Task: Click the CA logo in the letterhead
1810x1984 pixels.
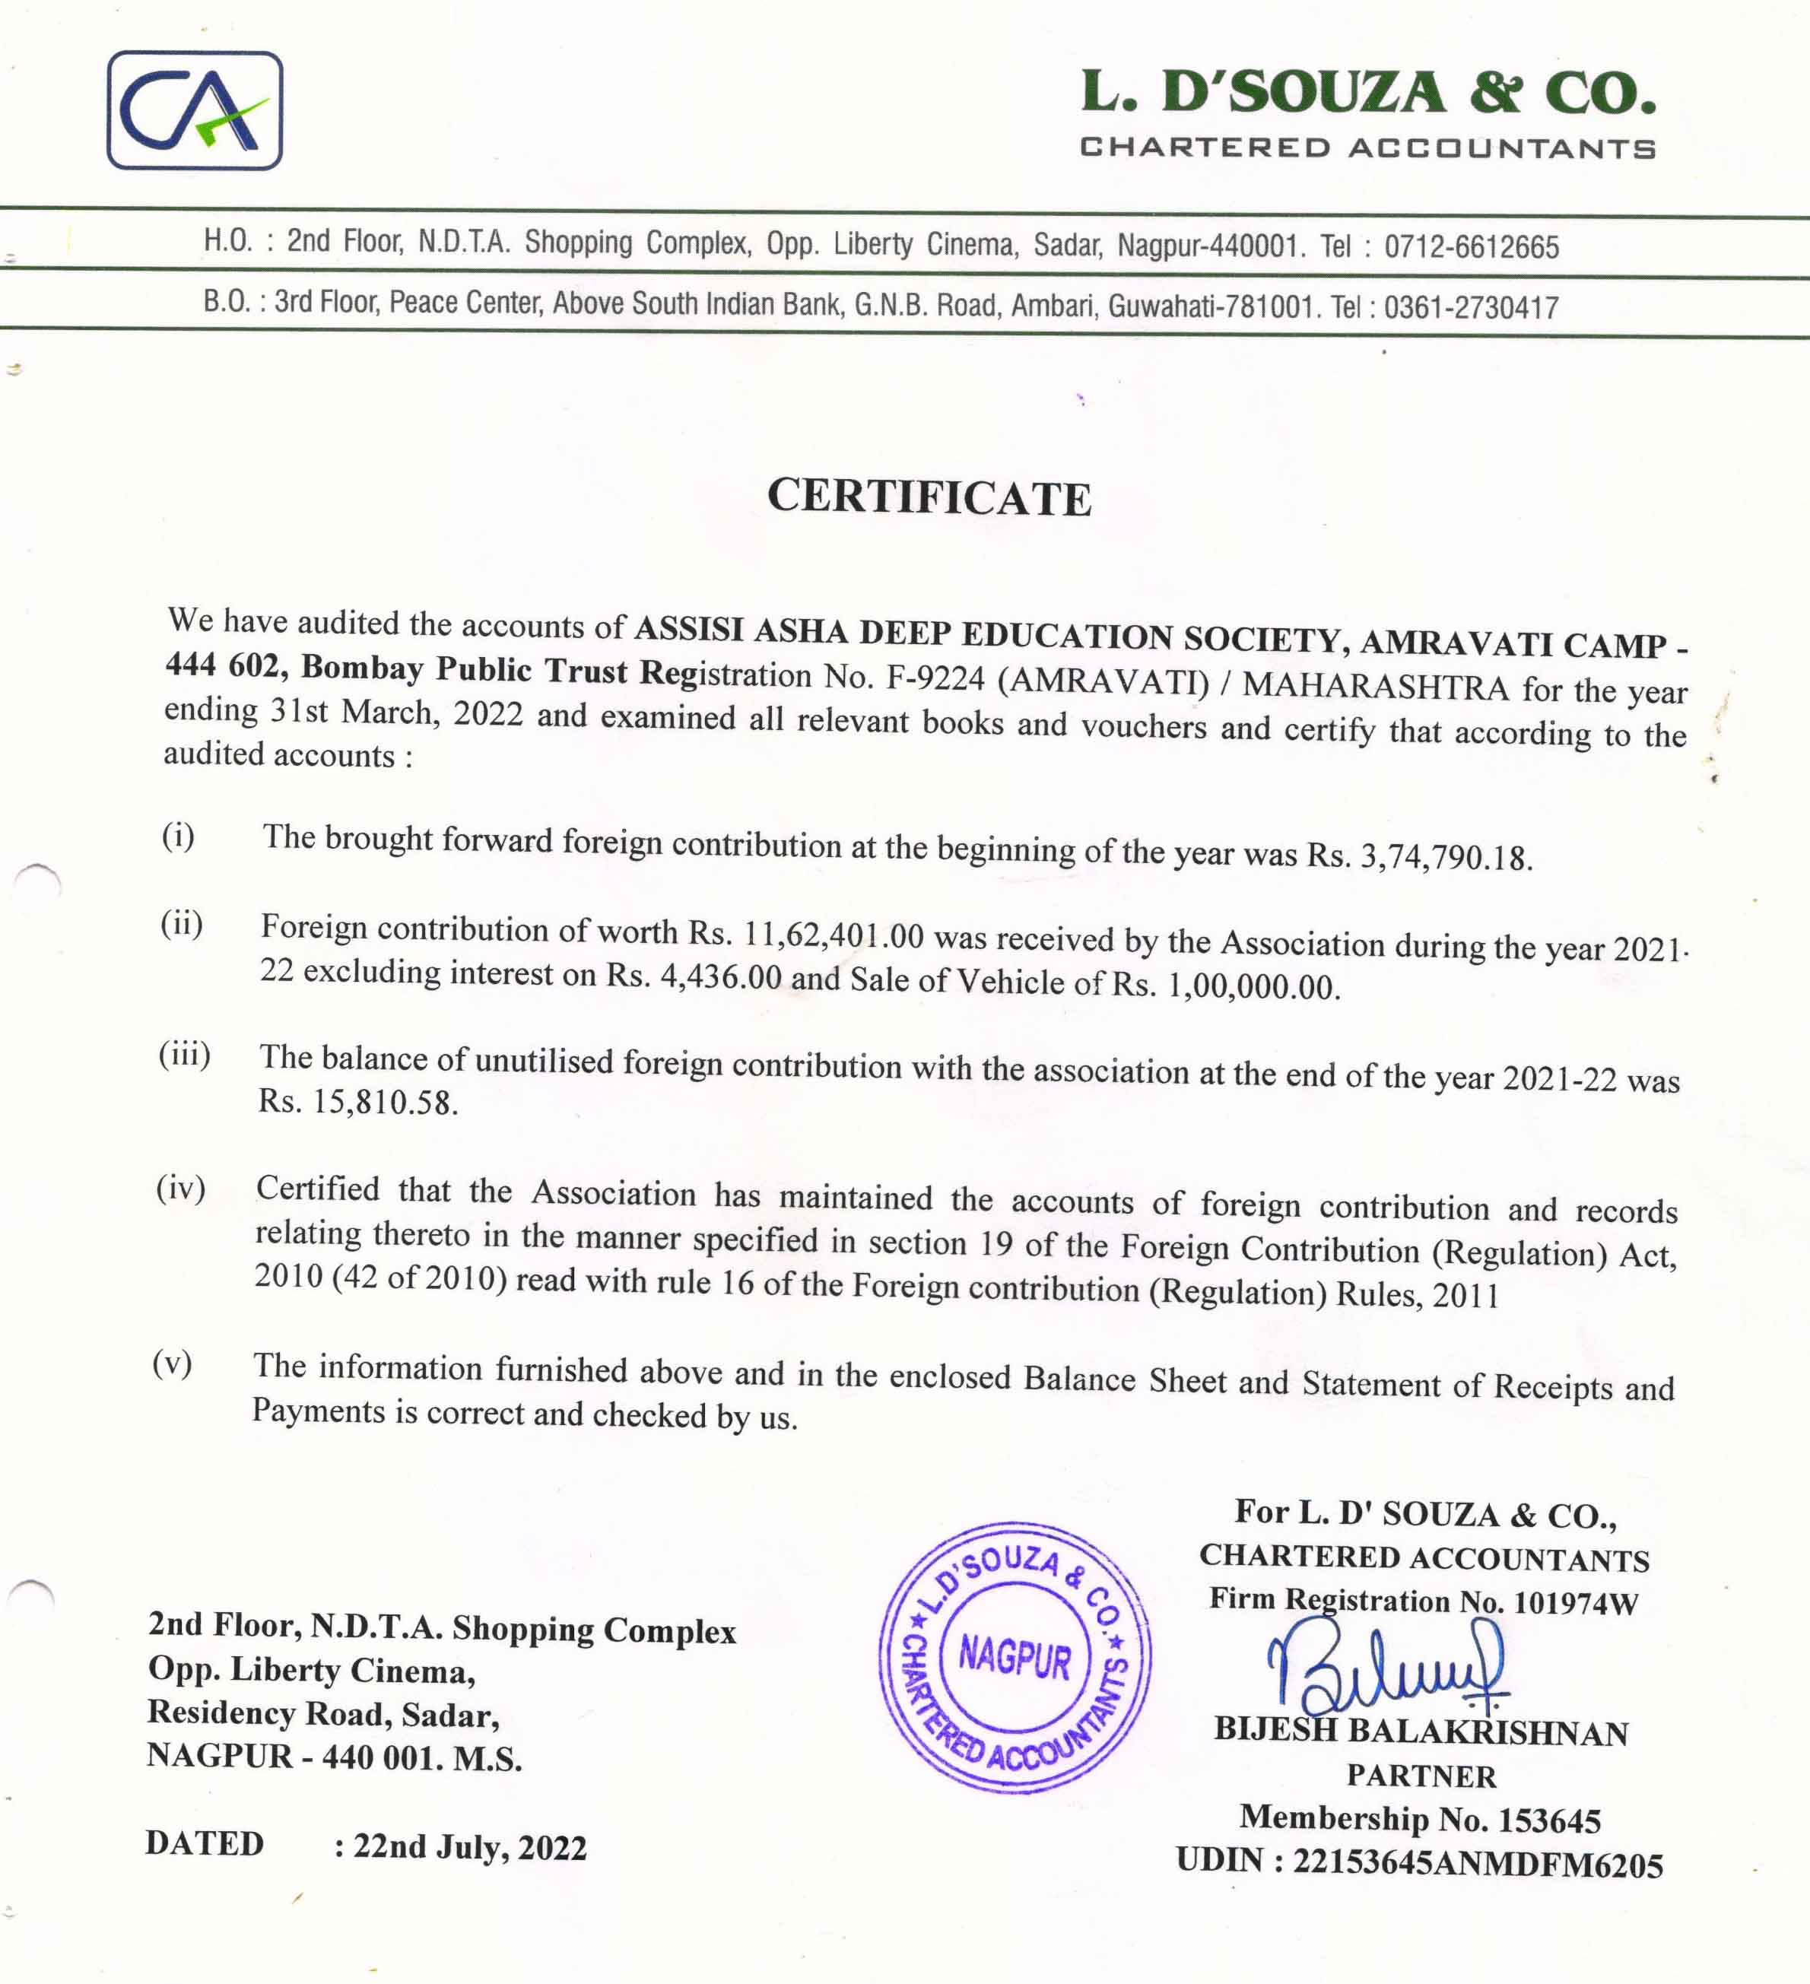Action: (195, 110)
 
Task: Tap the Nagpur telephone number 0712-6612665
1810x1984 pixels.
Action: (1472, 246)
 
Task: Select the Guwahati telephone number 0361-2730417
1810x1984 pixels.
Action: (1471, 307)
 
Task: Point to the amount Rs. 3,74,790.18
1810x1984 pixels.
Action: (1419, 856)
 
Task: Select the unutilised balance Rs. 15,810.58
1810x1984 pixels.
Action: (357, 1102)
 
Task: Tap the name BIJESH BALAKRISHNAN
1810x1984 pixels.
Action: (1421, 1731)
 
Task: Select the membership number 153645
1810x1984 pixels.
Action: (1549, 1821)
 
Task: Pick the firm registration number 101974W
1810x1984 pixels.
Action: (1575, 1603)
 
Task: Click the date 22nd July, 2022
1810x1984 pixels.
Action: (469, 1847)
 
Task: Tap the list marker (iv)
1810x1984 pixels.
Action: (181, 1189)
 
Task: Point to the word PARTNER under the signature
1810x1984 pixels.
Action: (1421, 1776)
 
